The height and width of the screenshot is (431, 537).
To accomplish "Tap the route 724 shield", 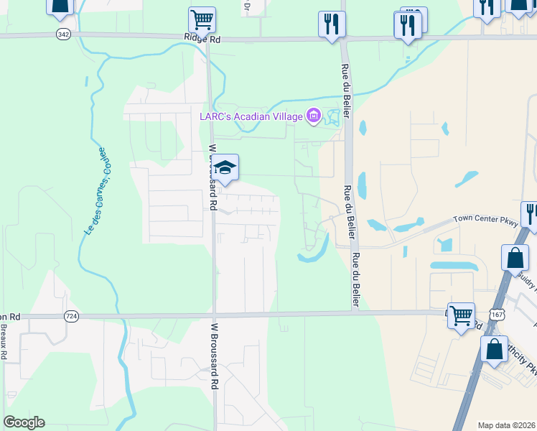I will click(70, 315).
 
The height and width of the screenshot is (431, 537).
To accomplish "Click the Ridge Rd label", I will click(203, 40).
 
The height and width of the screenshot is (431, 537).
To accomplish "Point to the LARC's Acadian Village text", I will click(251, 116).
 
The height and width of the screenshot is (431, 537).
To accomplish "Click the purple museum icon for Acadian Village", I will click(313, 116).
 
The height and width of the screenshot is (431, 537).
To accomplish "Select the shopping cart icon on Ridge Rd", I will click(202, 19).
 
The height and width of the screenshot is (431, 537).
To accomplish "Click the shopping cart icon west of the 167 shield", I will click(461, 314).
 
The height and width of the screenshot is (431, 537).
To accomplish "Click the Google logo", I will click(24, 422).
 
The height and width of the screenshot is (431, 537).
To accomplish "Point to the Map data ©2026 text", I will click(506, 425).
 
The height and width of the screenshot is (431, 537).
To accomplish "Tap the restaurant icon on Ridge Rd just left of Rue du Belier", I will click(332, 24).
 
